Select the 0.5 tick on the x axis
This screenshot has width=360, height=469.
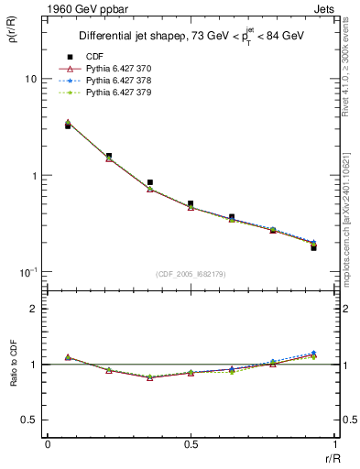tap(191, 444)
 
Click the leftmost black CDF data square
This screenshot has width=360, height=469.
tap(68, 125)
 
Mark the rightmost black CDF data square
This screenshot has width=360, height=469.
tap(313, 247)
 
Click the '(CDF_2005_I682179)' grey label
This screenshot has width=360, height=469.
tap(190, 273)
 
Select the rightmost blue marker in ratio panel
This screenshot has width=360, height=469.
tap(313, 353)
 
